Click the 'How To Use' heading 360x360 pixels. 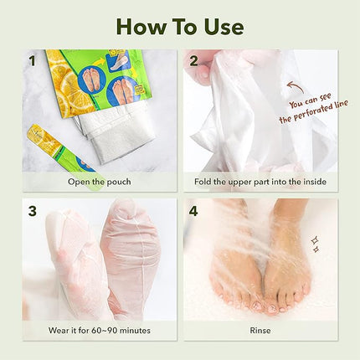tap(179, 25)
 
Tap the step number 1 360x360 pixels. tap(33, 61)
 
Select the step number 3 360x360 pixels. tap(33, 210)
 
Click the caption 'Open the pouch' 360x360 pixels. tap(99, 181)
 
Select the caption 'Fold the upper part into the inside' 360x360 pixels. tap(262, 181)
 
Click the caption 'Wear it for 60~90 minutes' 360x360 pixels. tap(99, 330)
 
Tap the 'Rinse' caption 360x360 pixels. tap(262, 330)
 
